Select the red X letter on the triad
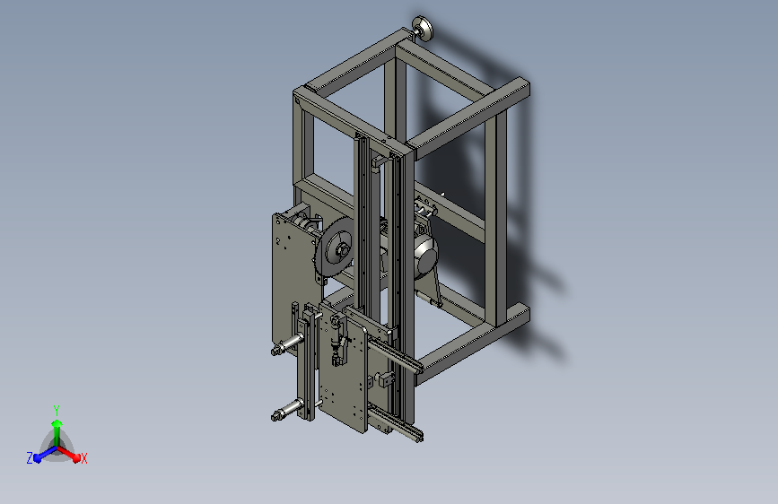[x=83, y=458]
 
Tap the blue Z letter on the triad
[x=30, y=457]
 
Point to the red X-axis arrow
[x=71, y=454]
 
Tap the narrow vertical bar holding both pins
[x=307, y=368]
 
